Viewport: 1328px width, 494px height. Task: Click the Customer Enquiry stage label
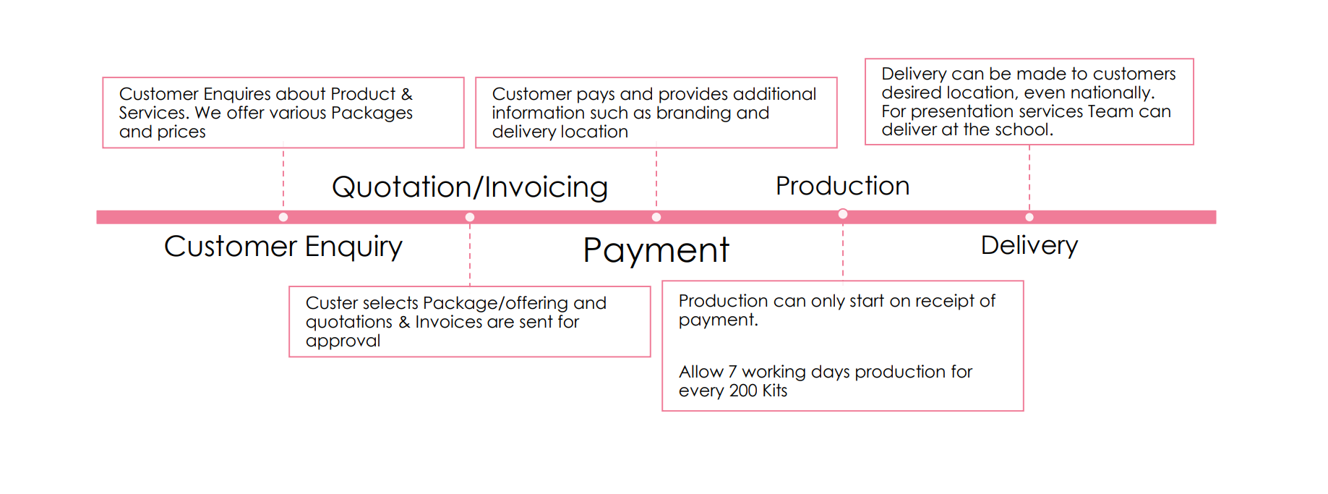(283, 247)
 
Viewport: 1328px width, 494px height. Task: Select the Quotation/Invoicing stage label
(469, 187)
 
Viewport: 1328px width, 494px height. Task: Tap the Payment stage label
(656, 250)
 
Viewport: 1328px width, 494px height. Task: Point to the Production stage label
(842, 186)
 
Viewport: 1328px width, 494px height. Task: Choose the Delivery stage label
(1029, 245)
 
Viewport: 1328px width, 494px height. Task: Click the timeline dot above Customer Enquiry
(283, 217)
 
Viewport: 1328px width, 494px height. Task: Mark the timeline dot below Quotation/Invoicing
(470, 217)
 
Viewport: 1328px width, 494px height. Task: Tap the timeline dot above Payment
(656, 217)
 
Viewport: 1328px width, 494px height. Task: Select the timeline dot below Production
(843, 214)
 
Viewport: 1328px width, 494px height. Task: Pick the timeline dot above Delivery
(1029, 217)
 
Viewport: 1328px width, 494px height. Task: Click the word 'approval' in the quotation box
(343, 341)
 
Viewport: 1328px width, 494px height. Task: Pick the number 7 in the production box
(732, 372)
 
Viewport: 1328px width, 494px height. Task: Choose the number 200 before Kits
(743, 391)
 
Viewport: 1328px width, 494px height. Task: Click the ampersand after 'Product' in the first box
(406, 94)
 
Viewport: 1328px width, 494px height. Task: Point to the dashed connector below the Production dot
(843, 250)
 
